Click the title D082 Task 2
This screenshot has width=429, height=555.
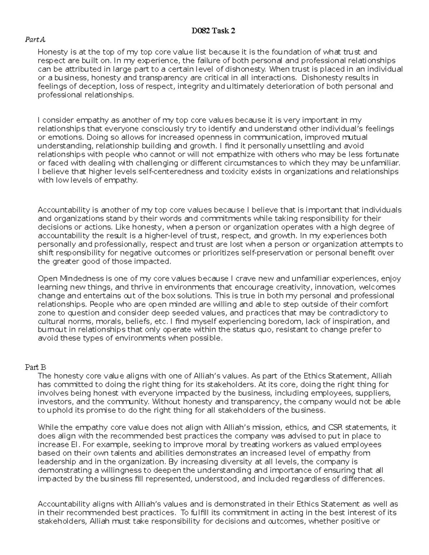[213, 31]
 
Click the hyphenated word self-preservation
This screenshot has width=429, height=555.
[272, 253]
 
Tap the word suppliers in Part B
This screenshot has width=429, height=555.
[376, 393]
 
